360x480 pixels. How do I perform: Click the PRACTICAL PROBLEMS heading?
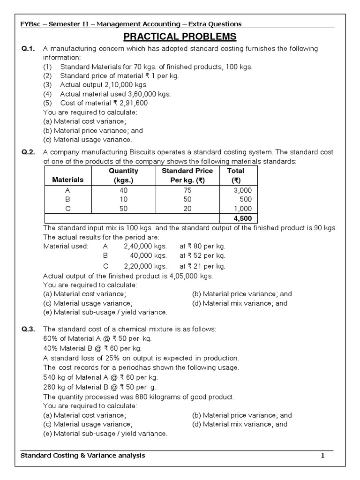(x=180, y=37)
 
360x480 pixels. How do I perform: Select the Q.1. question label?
(x=29, y=49)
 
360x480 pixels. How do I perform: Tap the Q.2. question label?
(x=29, y=152)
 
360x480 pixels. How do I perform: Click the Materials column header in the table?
(x=67, y=180)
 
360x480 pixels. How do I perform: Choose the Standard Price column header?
(x=187, y=171)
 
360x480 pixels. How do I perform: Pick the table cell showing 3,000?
(x=242, y=190)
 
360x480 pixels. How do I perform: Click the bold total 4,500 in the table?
(x=242, y=219)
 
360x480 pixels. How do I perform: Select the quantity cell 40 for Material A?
(x=123, y=190)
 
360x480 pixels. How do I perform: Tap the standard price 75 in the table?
(x=187, y=190)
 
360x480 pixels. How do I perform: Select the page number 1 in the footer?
(x=322, y=456)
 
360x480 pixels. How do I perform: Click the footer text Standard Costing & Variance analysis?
(x=83, y=456)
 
